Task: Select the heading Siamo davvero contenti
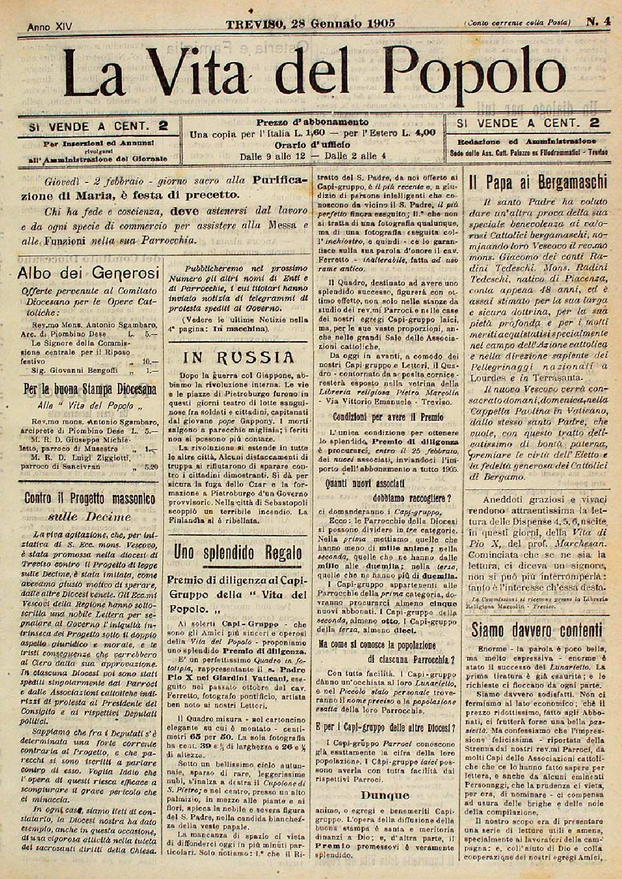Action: click(x=538, y=630)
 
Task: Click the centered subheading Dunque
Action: click(x=385, y=795)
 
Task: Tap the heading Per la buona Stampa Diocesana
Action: click(x=90, y=389)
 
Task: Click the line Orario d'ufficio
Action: click(x=312, y=144)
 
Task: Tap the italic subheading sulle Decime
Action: click(x=89, y=517)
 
